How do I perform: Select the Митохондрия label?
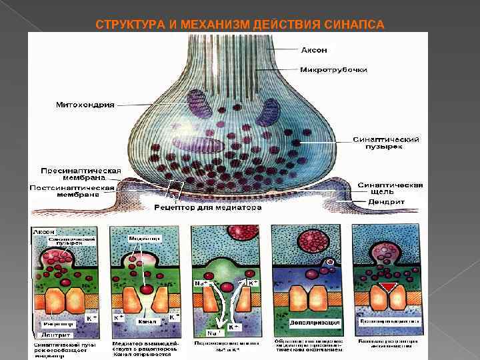tap(84, 105)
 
